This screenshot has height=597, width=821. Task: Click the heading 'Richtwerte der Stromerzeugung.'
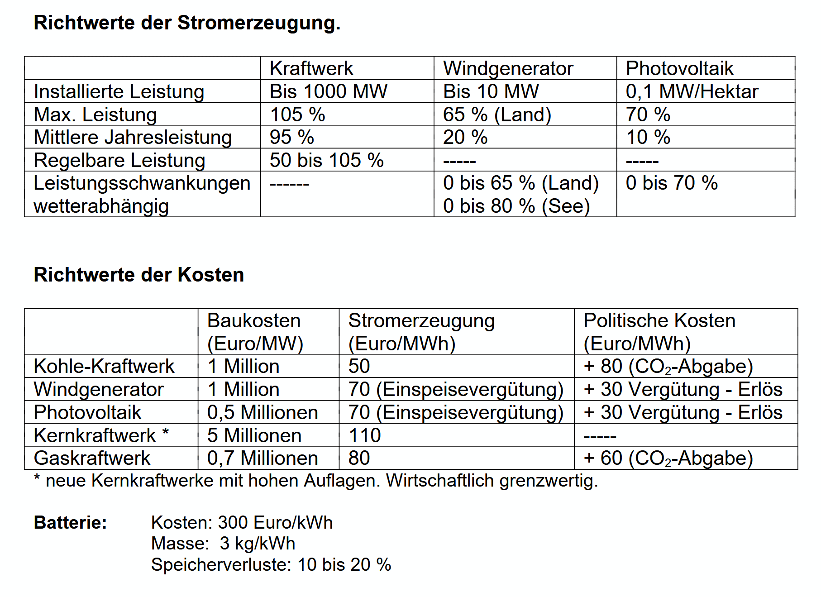187,23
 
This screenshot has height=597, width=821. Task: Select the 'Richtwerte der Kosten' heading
139,275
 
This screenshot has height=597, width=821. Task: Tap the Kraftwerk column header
311,68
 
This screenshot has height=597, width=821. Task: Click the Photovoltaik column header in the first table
679,68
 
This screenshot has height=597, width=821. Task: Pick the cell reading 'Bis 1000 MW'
328,91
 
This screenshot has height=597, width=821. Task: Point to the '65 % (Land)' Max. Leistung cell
497,115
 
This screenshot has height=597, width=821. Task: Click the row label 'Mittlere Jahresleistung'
133,137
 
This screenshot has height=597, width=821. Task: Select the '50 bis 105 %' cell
326,160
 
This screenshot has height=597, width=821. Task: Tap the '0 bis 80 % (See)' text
516,206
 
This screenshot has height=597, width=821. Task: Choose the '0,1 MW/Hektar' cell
692,91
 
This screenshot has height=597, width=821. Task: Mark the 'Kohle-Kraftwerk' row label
104,366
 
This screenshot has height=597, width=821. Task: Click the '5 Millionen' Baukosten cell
254,435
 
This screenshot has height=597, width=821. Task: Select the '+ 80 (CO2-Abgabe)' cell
668,366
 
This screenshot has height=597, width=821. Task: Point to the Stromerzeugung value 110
364,435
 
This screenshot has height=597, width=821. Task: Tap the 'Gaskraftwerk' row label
92,458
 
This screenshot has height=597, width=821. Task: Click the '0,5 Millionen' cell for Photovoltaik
263,412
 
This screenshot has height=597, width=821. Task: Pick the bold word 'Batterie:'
70,522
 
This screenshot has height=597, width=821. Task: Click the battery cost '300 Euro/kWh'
275,522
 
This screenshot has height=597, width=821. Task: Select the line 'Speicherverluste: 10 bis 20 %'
271,564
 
